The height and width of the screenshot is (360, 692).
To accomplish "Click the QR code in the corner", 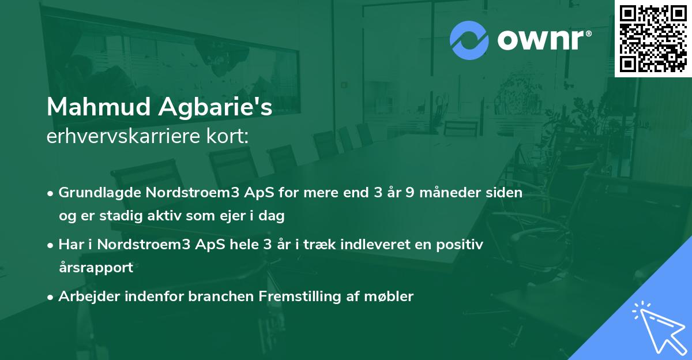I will tap(653, 39).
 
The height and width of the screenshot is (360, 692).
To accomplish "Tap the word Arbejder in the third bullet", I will tap(87, 297).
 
